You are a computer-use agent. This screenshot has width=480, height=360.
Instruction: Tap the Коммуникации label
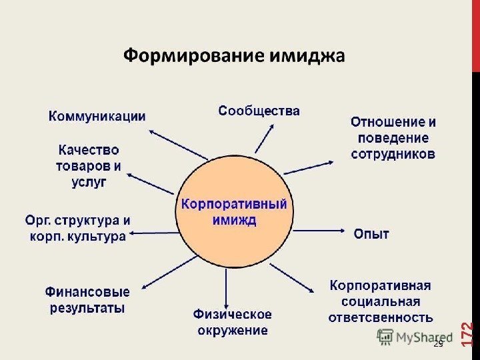(97, 115)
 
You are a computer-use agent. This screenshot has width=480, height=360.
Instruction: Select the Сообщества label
(259, 111)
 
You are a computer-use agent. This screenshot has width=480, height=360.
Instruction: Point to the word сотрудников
(393, 154)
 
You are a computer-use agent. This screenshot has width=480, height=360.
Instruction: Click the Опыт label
(371, 234)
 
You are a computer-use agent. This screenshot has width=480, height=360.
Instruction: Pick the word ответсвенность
(381, 317)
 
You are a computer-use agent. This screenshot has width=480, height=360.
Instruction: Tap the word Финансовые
(87, 292)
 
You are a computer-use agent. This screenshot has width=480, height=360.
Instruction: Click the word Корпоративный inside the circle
(234, 204)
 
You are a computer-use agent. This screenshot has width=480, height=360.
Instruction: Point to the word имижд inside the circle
(234, 220)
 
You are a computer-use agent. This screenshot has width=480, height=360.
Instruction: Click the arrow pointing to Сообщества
(264, 140)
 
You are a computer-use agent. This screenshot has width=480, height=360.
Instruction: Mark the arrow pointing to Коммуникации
(176, 144)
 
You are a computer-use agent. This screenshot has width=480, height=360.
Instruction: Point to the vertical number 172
(467, 333)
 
